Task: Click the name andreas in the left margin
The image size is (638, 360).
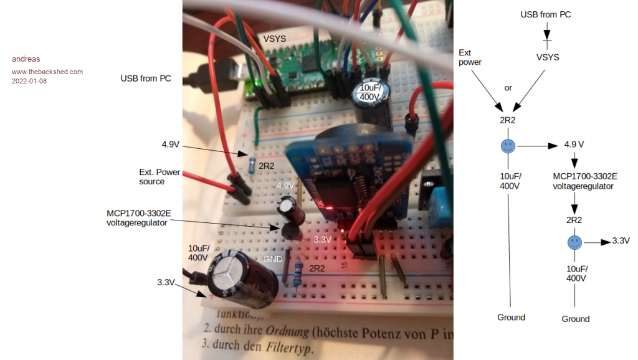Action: [x=26, y=59]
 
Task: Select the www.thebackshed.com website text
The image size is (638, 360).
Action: [x=47, y=72]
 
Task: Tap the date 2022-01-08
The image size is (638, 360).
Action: [x=29, y=81]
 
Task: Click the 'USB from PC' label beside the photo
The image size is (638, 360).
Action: [x=146, y=78]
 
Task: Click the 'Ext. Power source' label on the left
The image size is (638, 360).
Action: [x=159, y=176]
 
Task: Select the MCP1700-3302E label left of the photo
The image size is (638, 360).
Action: [x=139, y=217]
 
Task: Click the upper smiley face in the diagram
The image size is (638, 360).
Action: [x=508, y=147]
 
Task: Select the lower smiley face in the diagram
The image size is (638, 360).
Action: [x=574, y=242]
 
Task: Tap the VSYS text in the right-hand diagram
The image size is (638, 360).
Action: [x=548, y=57]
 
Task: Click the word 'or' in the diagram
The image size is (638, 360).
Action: [x=508, y=88]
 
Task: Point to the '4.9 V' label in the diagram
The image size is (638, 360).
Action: [x=574, y=144]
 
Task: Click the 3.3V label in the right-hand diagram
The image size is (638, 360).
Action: [x=621, y=240]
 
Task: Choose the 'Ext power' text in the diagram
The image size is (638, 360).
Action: [x=470, y=57]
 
